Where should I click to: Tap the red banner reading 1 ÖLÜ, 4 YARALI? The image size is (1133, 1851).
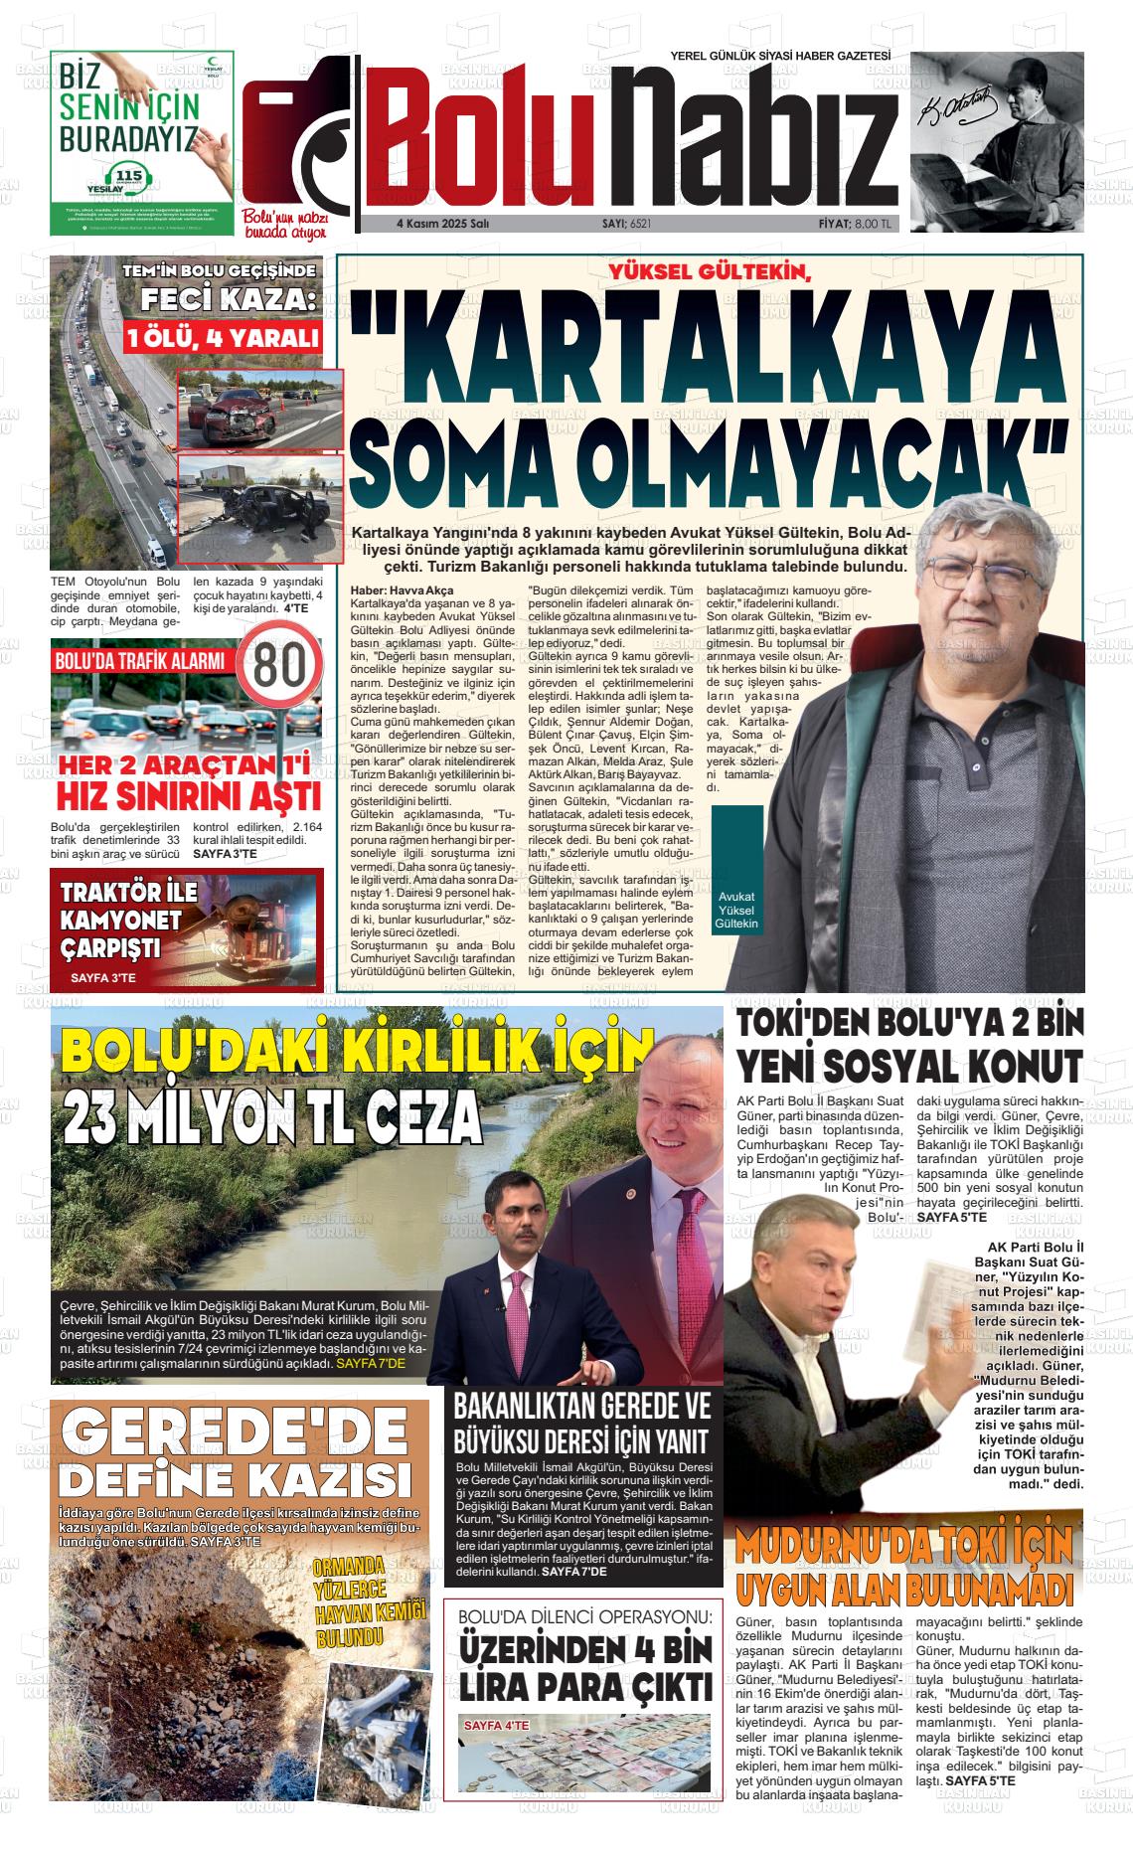coord(223,339)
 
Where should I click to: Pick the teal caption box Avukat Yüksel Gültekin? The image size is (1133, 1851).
coord(736,910)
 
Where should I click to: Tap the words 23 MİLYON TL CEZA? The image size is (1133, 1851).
coord(271,1118)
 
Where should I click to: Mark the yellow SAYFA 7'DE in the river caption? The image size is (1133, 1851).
coord(371,1364)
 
